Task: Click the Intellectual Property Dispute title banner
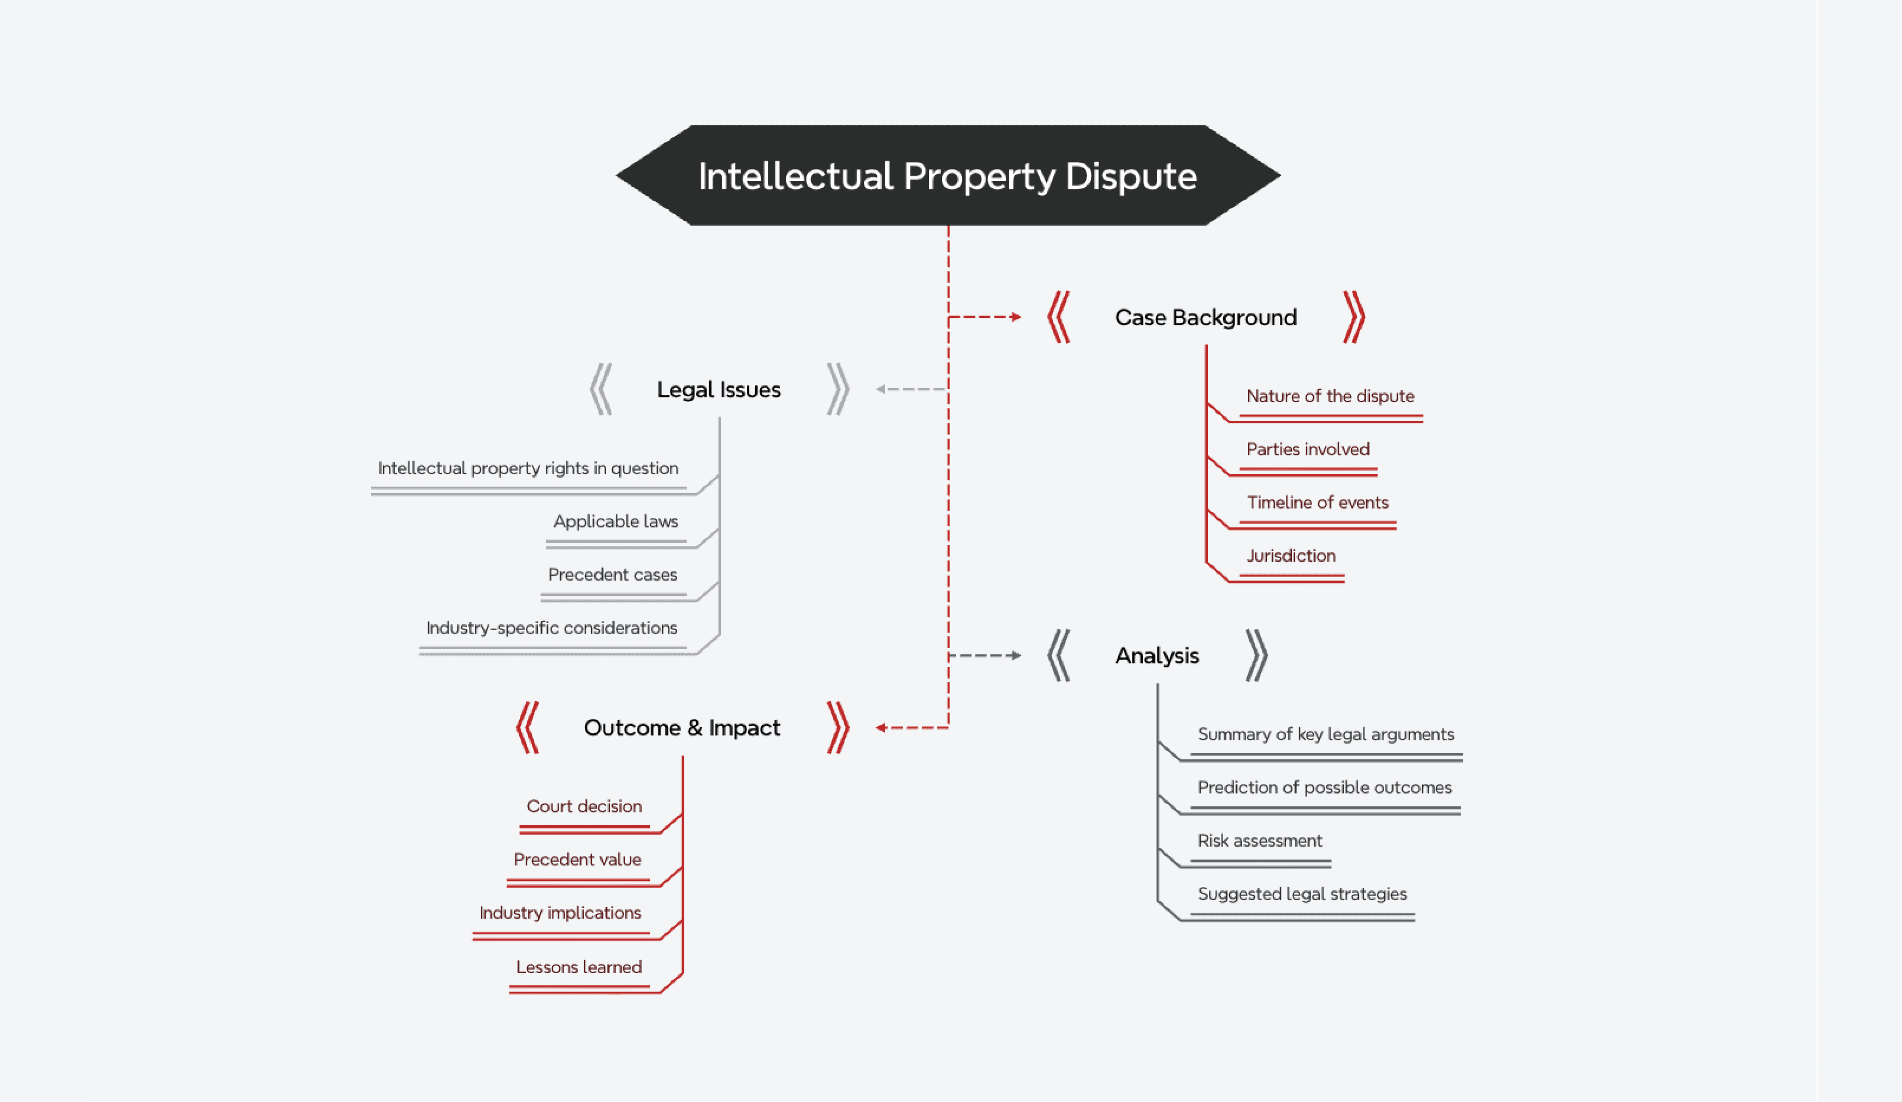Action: [947, 176]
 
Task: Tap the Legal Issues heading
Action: [718, 390]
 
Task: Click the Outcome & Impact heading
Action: [682, 728]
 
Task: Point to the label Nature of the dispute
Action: [1330, 396]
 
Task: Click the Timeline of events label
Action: [1317, 503]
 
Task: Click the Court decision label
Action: [584, 807]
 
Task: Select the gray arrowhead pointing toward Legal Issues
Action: [880, 390]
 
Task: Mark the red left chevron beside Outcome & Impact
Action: [527, 728]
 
